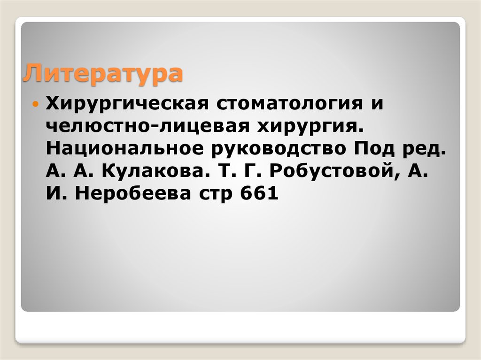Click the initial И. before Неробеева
click(x=54, y=194)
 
